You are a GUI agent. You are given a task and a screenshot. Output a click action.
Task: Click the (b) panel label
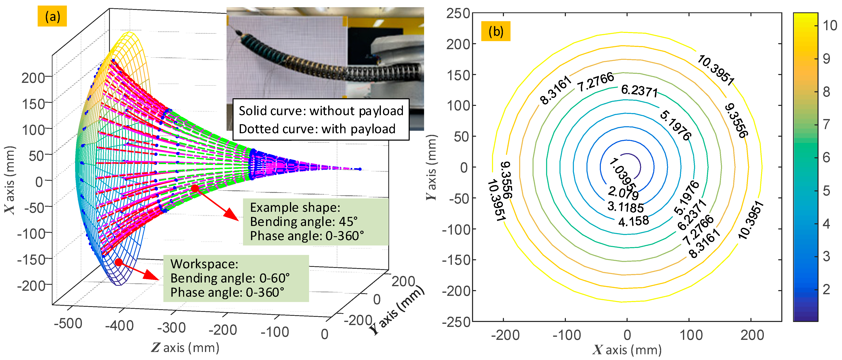[x=495, y=31]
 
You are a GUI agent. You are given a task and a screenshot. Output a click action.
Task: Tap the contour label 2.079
[x=623, y=193]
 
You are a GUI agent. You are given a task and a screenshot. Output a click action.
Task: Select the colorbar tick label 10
[x=830, y=25]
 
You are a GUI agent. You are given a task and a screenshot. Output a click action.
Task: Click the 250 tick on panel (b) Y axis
[x=458, y=14]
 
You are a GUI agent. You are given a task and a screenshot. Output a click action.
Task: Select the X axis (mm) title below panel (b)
[x=627, y=350]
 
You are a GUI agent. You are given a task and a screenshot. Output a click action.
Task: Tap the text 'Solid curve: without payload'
[x=321, y=111]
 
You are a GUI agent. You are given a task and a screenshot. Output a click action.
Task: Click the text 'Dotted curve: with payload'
[x=317, y=129]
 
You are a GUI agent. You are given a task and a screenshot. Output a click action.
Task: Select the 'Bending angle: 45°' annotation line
[x=304, y=222]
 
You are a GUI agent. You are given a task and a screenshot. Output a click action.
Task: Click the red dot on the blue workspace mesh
[x=119, y=262]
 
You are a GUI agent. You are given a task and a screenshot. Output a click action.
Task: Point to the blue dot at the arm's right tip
[x=360, y=169]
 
